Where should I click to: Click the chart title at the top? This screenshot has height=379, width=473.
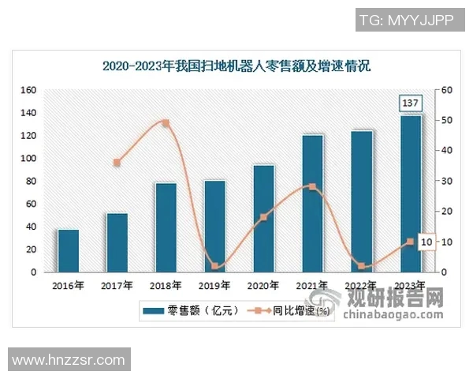[x=236, y=66]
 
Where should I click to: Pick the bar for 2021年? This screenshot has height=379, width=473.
[x=313, y=204]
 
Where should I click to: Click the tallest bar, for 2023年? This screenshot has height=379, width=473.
[x=411, y=194]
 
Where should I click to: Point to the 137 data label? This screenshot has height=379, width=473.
[x=410, y=103]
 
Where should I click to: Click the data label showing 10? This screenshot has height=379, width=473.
[x=426, y=242]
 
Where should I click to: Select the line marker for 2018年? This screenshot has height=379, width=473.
[x=166, y=123]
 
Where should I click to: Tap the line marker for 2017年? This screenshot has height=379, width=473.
[x=117, y=163]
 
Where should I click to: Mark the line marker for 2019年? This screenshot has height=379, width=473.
[x=214, y=266]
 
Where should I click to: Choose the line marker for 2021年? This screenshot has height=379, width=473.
[x=313, y=187]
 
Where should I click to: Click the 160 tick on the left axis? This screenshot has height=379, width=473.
[x=28, y=90]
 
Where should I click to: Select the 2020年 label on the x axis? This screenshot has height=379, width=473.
[x=263, y=286]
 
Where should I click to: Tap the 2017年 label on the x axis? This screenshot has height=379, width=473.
[x=117, y=286]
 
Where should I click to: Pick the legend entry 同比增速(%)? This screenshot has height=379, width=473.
[x=292, y=311]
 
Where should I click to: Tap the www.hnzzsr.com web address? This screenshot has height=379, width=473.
[x=69, y=360]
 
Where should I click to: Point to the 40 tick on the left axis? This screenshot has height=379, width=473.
[x=31, y=227]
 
